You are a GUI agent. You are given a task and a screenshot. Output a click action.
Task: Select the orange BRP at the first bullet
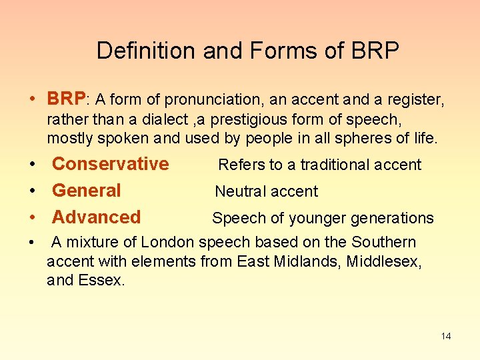pyautogui.click(x=66, y=99)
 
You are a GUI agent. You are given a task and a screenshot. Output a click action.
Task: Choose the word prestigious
pyautogui.click(x=275, y=119)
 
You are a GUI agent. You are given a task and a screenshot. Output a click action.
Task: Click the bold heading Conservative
pyautogui.click(x=111, y=164)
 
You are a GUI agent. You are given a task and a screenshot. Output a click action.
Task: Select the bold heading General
pyautogui.click(x=87, y=191)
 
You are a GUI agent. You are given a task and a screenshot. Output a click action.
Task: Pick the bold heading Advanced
pyautogui.click(x=97, y=217)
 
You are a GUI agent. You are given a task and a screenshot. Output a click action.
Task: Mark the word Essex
pyautogui.click(x=102, y=281)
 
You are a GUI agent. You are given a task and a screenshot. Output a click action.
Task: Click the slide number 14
pyautogui.click(x=446, y=336)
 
